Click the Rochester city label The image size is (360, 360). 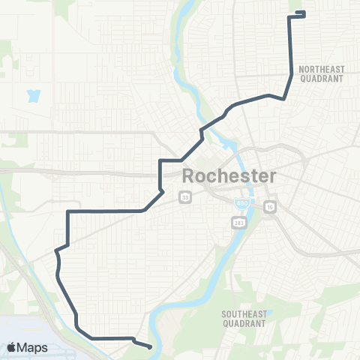[x=229, y=177]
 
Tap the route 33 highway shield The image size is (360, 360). [x=184, y=197]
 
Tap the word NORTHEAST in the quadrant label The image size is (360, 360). [x=320, y=69]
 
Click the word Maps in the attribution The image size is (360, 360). [x=33, y=347]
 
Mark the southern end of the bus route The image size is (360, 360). [x=151, y=347]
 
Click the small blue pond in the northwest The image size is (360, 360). [x=33, y=96]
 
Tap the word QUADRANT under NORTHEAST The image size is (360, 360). [x=320, y=78]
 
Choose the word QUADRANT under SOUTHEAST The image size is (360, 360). [x=244, y=324]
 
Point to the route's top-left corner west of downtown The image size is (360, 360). [x=68, y=212]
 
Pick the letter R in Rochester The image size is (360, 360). [x=190, y=177]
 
